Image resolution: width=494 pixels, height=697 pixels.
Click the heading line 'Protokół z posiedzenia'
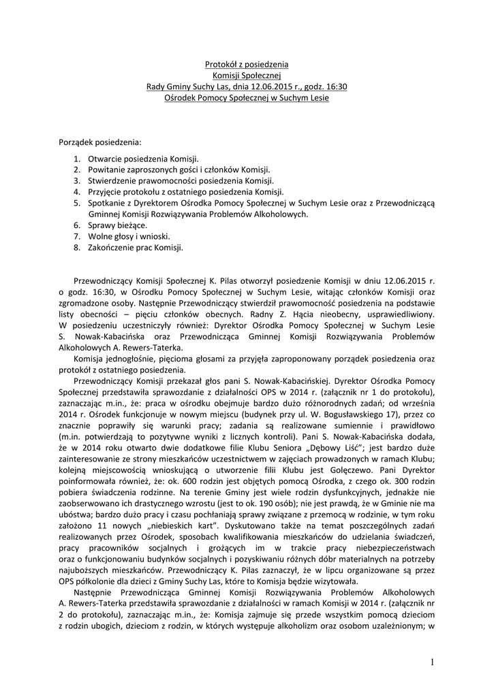pos(247,65)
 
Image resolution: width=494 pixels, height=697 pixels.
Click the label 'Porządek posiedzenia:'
pos(100,142)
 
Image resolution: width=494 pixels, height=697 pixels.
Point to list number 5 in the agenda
pos(77,203)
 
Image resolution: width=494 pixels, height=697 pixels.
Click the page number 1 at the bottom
pos(432,662)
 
